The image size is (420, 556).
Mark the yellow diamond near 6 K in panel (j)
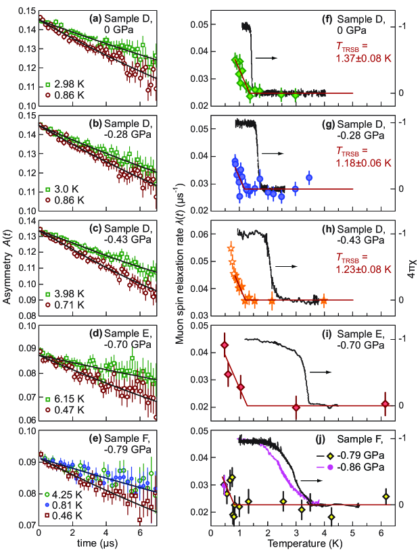(x=386, y=497)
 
